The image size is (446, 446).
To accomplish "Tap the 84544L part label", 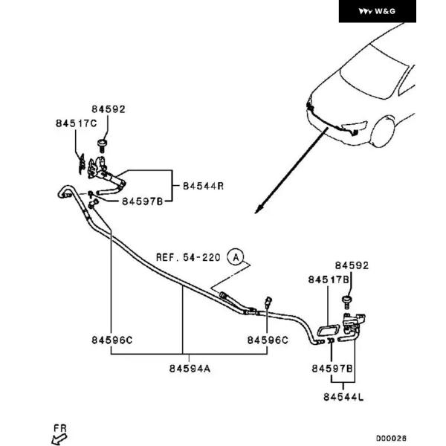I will [343, 398].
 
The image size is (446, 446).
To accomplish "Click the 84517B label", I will [329, 279].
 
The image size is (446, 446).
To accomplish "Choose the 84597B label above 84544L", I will [332, 369].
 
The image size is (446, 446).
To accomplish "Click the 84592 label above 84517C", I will [109, 109].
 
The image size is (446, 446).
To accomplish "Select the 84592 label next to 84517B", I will [352, 265].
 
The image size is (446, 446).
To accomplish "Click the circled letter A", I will [236, 257].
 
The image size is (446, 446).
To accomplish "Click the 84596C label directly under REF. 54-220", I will [268, 340].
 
